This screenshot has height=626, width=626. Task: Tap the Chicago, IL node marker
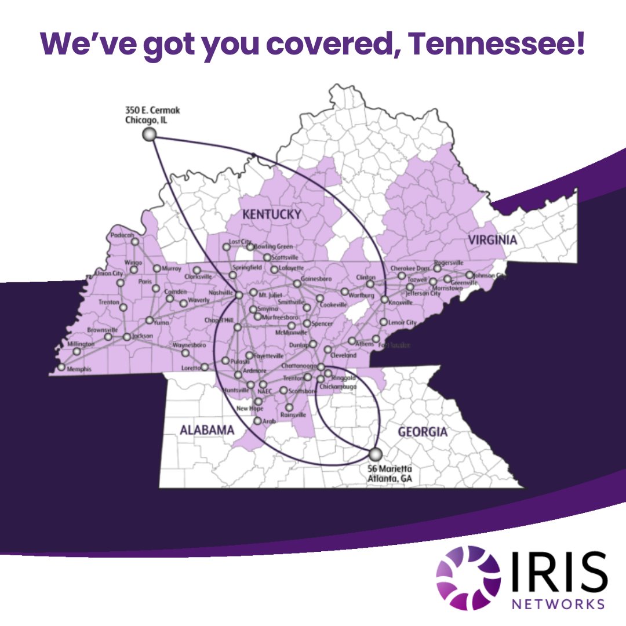point(150,134)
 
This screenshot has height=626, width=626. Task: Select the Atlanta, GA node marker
point(376,453)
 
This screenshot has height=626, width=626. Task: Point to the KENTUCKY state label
point(271,215)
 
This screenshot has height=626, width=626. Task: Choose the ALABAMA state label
point(206,430)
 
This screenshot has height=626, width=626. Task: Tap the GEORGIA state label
point(422,432)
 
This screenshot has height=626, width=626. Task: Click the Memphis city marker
point(61,367)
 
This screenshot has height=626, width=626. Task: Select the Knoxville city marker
point(384,300)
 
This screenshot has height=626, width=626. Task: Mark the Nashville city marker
point(239,295)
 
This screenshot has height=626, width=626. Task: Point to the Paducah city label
point(122,235)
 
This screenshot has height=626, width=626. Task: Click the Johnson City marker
point(469,275)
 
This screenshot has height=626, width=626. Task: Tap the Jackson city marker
point(127,336)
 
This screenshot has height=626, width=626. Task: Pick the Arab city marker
point(257,420)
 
